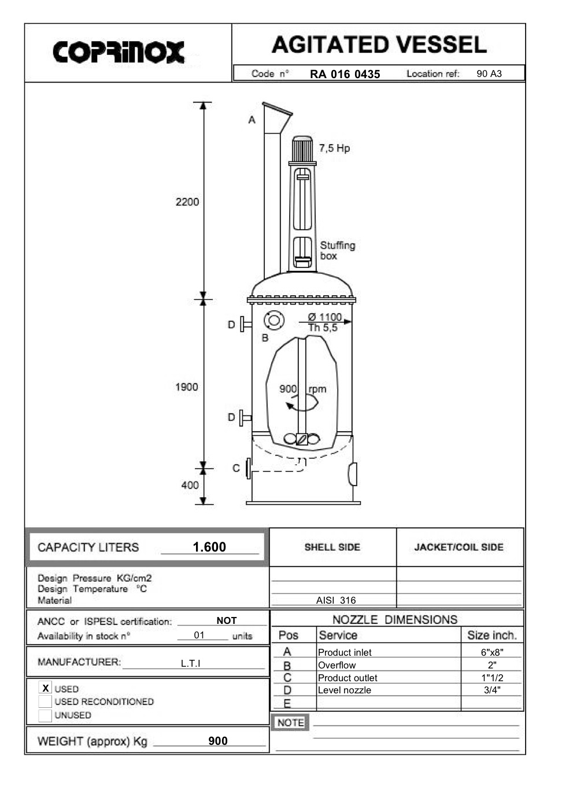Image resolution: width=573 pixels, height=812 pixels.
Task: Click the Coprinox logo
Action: pyautogui.click(x=119, y=52)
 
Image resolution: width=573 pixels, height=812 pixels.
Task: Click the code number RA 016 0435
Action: pyautogui.click(x=345, y=74)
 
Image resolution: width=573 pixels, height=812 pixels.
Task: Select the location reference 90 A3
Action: pyautogui.click(x=489, y=74)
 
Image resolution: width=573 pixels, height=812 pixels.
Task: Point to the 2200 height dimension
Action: pyautogui.click(x=187, y=202)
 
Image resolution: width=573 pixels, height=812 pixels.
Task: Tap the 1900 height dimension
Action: pyautogui.click(x=186, y=387)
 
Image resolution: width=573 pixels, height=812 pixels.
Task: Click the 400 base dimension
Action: pyautogui.click(x=190, y=486)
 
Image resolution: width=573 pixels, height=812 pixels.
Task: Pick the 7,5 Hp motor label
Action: pyautogui.click(x=334, y=148)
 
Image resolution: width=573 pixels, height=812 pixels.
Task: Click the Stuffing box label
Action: pyautogui.click(x=337, y=251)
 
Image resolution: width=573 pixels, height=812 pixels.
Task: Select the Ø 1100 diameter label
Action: pyautogui.click(x=324, y=317)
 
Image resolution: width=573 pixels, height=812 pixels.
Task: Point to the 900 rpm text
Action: pyautogui.click(x=302, y=389)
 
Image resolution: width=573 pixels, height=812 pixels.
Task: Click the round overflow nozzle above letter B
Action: pyautogui.click(x=274, y=320)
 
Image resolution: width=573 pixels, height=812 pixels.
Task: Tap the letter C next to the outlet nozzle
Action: pyautogui.click(x=236, y=468)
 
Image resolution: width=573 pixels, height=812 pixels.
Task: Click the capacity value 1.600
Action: pyautogui.click(x=209, y=547)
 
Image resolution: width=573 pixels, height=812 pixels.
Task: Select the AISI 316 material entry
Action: pyautogui.click(x=336, y=600)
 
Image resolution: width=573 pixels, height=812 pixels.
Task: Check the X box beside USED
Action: pyautogui.click(x=45, y=688)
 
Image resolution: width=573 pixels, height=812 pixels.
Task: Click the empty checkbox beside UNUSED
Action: pyautogui.click(x=45, y=715)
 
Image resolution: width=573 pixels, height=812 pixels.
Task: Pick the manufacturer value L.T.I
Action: pyautogui.click(x=190, y=663)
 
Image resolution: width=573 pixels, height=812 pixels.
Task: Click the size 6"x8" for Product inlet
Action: pyautogui.click(x=491, y=652)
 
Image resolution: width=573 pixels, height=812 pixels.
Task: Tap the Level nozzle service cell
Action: pyautogui.click(x=345, y=690)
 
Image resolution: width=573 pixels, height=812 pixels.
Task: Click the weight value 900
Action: pyautogui.click(x=218, y=741)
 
